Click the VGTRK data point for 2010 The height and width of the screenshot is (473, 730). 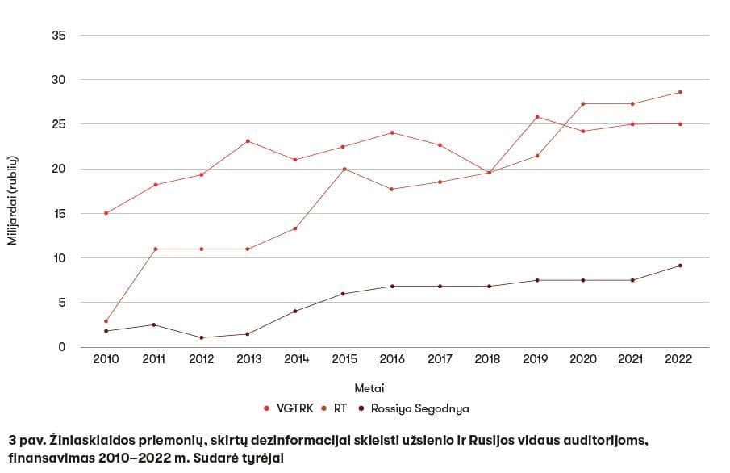pos(106,213)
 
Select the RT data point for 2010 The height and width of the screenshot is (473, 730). pos(106,321)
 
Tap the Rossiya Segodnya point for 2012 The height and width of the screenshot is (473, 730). pos(201,337)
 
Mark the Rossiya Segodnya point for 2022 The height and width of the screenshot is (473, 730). pos(680,266)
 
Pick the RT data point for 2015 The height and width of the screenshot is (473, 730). pos(344,169)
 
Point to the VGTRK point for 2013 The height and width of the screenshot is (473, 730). pos(248,141)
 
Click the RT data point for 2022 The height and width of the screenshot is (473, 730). pos(680,92)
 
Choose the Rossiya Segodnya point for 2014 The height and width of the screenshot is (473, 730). pos(296,311)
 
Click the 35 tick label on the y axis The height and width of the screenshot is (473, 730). pos(59,36)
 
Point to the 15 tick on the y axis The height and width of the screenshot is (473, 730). pos(59,214)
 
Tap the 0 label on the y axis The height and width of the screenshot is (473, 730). pos(62,347)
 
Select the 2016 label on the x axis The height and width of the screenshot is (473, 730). pos(392,359)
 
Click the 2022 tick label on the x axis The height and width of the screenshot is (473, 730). pos(679,359)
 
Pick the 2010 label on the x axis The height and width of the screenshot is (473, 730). pos(106,359)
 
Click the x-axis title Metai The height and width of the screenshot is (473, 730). pos(369,388)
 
